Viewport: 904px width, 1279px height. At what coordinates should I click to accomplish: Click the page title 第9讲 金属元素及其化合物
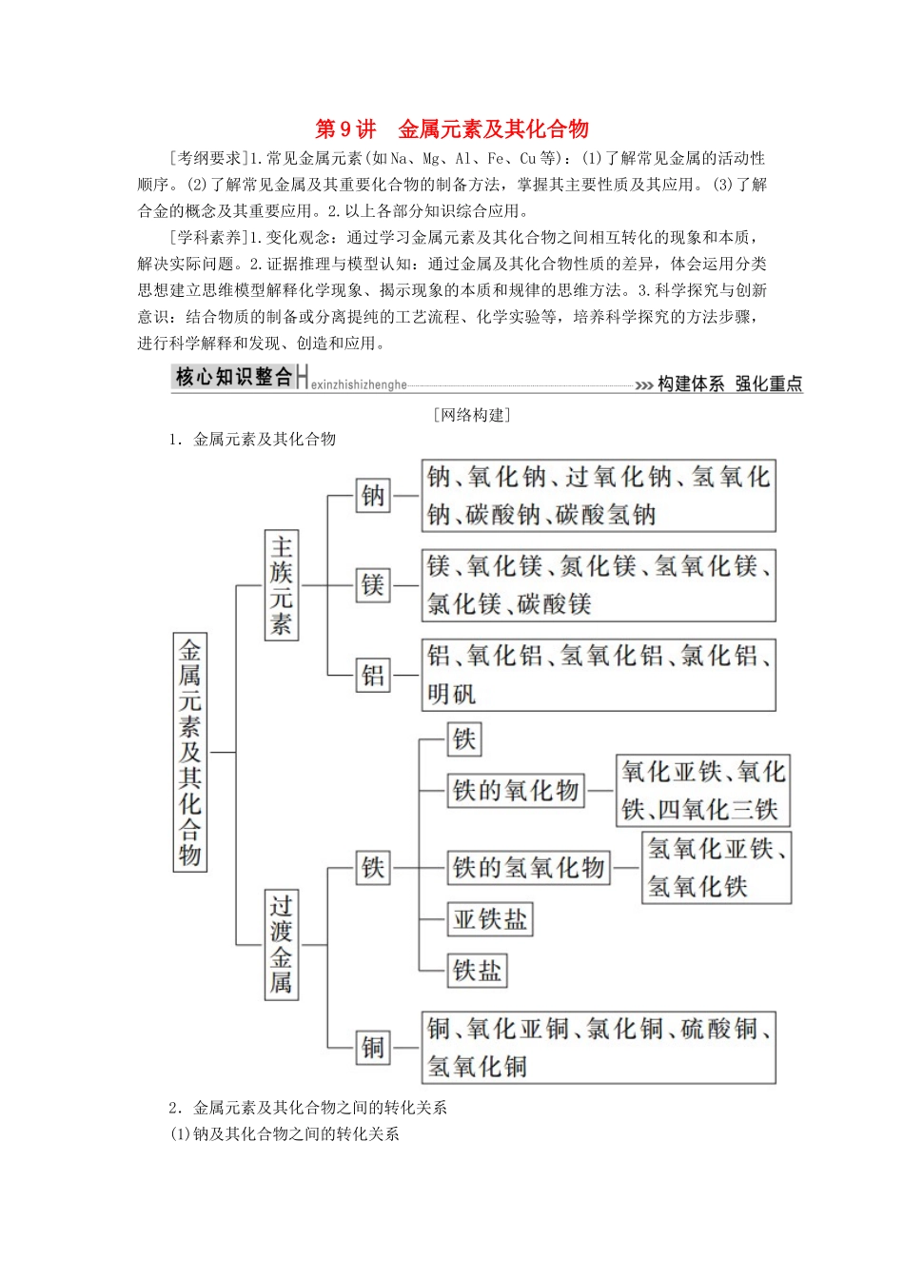click(x=452, y=129)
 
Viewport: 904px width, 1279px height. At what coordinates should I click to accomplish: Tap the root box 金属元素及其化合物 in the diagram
click(x=189, y=751)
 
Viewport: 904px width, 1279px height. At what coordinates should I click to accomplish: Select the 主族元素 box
click(x=281, y=584)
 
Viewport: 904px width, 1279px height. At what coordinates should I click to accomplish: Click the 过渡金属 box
click(x=281, y=944)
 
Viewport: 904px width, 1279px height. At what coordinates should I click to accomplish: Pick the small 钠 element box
click(x=373, y=495)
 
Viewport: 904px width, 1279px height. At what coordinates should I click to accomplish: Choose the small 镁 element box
click(x=373, y=584)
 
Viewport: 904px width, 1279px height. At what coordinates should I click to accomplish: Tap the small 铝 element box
click(x=373, y=675)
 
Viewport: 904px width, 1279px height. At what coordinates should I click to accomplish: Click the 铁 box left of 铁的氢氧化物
click(x=373, y=867)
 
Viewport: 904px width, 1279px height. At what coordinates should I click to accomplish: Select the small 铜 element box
click(x=373, y=1047)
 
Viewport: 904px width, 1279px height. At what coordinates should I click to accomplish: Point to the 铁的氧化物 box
click(x=516, y=790)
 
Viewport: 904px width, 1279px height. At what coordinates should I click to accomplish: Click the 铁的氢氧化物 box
click(x=529, y=867)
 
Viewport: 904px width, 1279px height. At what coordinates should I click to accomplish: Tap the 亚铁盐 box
click(x=490, y=918)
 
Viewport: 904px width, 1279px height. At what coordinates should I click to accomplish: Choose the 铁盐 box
click(x=477, y=970)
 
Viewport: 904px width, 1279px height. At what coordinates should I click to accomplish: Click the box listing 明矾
click(x=599, y=675)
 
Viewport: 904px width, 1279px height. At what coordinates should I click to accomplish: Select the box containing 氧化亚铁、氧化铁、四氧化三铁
click(x=703, y=790)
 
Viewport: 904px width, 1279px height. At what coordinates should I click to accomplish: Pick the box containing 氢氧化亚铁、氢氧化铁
click(x=717, y=867)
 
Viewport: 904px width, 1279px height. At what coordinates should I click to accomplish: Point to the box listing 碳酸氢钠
click(x=599, y=495)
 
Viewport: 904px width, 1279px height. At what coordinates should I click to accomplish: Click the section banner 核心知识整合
click(x=234, y=377)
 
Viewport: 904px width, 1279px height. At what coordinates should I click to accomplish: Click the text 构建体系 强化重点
click(x=730, y=384)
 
